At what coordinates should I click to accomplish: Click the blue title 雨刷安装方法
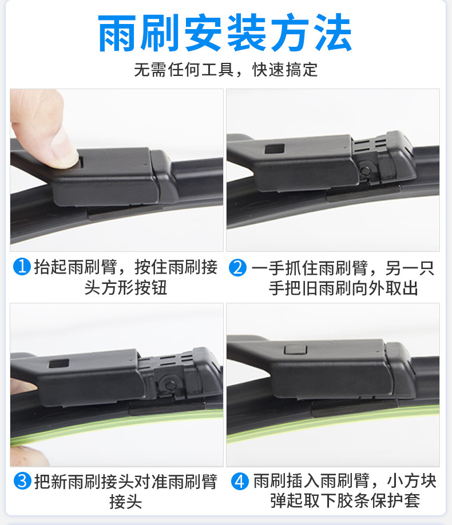[x=225, y=33]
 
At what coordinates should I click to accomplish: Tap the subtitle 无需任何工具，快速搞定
[x=225, y=70]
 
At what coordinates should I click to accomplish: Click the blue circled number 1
[x=22, y=267]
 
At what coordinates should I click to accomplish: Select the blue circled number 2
[x=238, y=268]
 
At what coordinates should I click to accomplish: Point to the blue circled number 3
[x=22, y=481]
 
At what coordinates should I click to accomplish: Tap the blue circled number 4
[x=240, y=481]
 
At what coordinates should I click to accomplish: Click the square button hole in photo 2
[x=275, y=149]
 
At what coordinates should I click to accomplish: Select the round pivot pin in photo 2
[x=366, y=170]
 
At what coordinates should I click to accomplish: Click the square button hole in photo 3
[x=59, y=363]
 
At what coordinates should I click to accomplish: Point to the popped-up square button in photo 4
[x=295, y=349]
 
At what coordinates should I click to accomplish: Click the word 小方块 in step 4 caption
[x=412, y=481]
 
